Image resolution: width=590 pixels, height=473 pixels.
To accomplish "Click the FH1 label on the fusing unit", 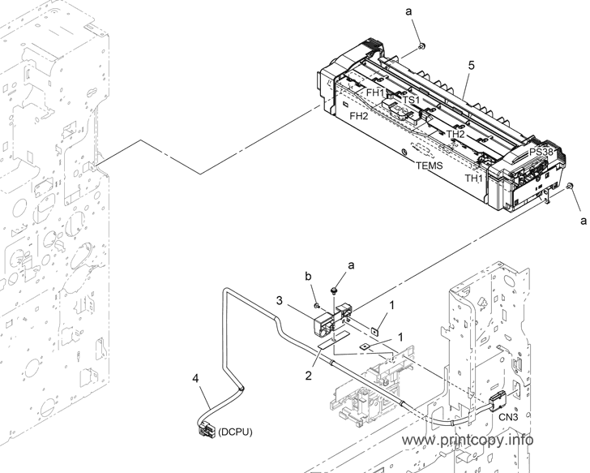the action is coord(375,92).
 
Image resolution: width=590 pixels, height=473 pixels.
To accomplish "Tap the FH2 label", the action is coord(358,116).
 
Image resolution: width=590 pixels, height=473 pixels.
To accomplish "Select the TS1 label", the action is coord(411,100).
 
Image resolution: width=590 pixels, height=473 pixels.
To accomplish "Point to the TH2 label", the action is coord(455,134).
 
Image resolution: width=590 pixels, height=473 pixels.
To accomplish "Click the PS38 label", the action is coord(541,153).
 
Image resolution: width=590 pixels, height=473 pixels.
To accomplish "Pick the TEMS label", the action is coord(430,166).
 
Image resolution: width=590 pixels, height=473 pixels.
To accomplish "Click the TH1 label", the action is coord(473,178).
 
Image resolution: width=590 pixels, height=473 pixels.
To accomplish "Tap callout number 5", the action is coord(471,66).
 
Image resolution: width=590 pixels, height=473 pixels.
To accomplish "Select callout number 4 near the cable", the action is coord(195,378).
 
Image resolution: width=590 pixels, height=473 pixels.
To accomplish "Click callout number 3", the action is coord(279,300).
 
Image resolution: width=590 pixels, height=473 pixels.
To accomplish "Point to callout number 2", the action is coord(309,376).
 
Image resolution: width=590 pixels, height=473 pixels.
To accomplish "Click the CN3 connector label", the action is coord(508,417).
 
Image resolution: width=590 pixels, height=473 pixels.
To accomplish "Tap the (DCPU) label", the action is coord(235,432).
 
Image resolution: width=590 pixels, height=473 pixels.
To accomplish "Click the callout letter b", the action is coord(308,277).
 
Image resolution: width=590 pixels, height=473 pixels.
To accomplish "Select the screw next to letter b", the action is coord(317,305).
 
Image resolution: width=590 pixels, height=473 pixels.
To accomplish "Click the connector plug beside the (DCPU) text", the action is coord(206,428).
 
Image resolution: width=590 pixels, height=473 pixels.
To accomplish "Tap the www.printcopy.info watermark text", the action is coord(468,440).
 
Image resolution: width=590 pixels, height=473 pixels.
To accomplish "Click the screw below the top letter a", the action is coord(421,46).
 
